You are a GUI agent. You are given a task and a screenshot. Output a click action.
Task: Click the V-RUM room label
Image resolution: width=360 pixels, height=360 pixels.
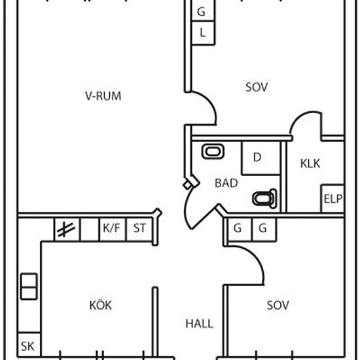point(103,96)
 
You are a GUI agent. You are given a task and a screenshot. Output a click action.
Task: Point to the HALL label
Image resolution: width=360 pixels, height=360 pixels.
point(199,324)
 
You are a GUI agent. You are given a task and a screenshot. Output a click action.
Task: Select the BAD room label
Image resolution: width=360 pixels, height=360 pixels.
point(226,183)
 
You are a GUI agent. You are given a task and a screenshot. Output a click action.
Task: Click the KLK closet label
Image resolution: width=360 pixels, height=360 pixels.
point(310,164)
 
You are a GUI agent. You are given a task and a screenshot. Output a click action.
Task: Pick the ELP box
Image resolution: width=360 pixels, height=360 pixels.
point(333,198)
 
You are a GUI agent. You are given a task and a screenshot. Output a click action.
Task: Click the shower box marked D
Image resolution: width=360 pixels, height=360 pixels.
point(261,158)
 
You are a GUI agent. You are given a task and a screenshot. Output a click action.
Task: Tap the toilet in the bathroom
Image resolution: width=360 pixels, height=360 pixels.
point(264,198)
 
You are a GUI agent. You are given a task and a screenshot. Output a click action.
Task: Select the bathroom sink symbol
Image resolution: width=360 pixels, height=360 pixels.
point(213,151)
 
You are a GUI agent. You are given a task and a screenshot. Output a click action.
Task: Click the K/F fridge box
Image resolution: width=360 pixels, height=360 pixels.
point(113,229)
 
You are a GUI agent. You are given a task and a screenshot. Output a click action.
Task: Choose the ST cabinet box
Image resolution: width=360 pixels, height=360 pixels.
point(139,229)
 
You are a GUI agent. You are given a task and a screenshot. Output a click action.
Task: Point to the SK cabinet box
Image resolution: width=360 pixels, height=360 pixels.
point(29,344)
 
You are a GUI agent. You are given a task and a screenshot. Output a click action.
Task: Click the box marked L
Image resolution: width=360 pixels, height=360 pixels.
point(203,33)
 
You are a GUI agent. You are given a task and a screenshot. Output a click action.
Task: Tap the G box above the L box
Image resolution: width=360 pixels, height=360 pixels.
point(203,10)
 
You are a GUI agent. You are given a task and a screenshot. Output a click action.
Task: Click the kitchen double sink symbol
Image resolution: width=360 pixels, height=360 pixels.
point(29,287)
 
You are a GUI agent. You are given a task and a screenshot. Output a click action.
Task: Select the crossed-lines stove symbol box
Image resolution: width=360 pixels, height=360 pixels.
point(67,229)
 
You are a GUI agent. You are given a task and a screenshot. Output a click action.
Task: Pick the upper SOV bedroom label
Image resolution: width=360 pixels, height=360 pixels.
point(257,87)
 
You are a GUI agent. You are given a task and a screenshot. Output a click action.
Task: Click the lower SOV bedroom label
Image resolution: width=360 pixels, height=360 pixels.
point(278,305)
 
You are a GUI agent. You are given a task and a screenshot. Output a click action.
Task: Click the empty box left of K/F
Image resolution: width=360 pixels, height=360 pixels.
point(90,229)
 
